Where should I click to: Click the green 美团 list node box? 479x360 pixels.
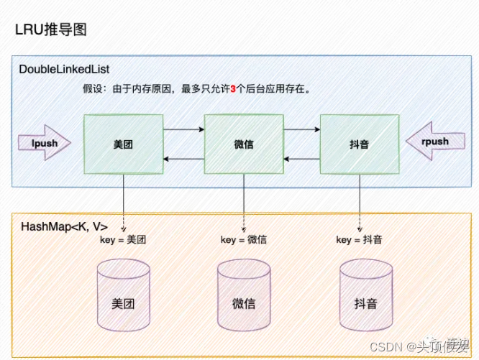[x=123, y=143]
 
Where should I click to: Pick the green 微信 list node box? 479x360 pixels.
[x=244, y=143]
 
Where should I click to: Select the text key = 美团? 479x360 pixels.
[x=123, y=240]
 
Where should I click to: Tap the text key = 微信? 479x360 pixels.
[x=244, y=240]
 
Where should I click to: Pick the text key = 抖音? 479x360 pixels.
[x=359, y=240]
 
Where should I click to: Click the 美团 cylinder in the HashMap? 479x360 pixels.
[x=123, y=296]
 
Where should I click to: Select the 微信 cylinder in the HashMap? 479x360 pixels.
[x=244, y=296]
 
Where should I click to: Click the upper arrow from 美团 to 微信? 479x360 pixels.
[x=183, y=130]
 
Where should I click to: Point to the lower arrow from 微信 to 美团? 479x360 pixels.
[x=183, y=157]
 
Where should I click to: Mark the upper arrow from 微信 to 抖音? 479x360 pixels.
[x=302, y=130]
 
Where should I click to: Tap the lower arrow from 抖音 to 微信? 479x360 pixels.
[x=302, y=157]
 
